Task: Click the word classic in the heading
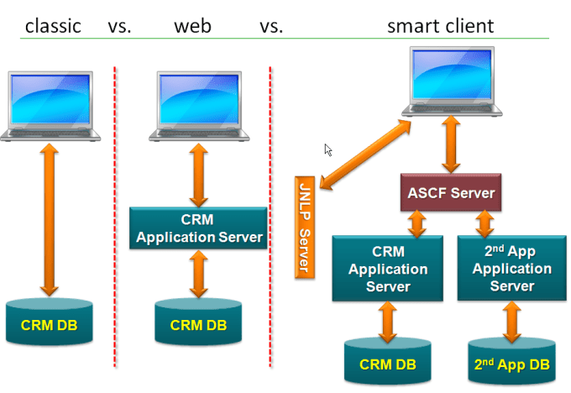(x=53, y=25)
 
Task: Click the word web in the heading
(x=192, y=25)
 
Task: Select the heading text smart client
(x=440, y=25)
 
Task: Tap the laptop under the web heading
(x=199, y=105)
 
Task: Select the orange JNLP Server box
(x=306, y=227)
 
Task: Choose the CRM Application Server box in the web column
(x=199, y=229)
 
